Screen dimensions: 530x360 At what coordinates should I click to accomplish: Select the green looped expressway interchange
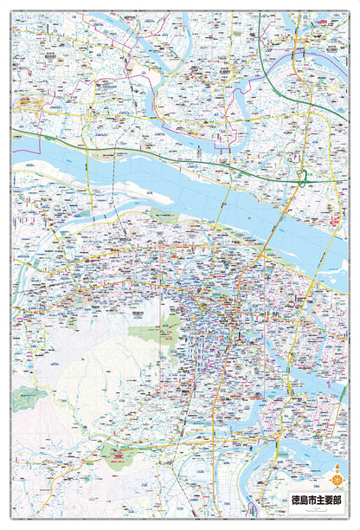tap(302, 179)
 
